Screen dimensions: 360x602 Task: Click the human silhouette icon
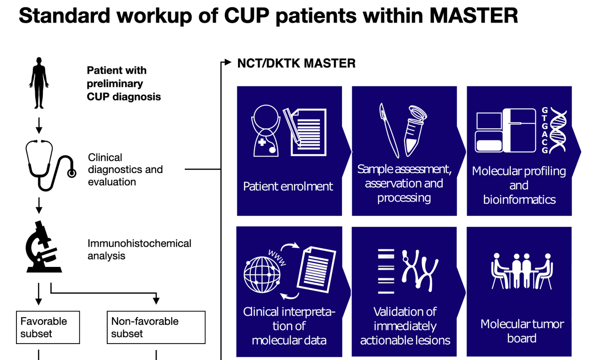pos(39,84)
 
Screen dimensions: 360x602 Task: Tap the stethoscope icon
pos(50,165)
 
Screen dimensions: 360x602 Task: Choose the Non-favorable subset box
pos(156,327)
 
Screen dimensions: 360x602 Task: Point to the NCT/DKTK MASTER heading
pos(296,63)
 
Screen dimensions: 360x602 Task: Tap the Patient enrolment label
pos(288,186)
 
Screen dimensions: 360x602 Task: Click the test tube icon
pos(415,132)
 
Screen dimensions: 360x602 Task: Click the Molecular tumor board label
pos(522,331)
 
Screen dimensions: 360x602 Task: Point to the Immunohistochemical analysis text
pos(139,250)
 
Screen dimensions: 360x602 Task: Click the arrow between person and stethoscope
pos(39,124)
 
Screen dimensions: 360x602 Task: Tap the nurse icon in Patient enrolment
pos(266,131)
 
